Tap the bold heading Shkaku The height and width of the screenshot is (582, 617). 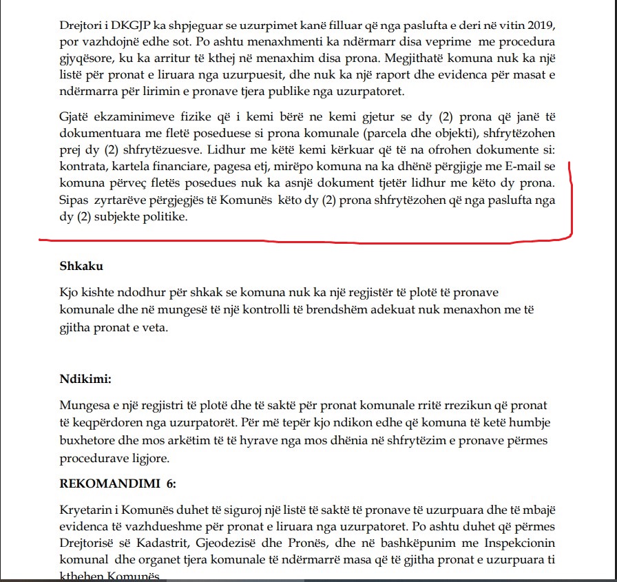81,266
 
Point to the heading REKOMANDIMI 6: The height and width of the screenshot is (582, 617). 118,484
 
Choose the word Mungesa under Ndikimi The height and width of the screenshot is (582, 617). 85,406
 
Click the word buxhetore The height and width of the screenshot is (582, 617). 88,438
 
